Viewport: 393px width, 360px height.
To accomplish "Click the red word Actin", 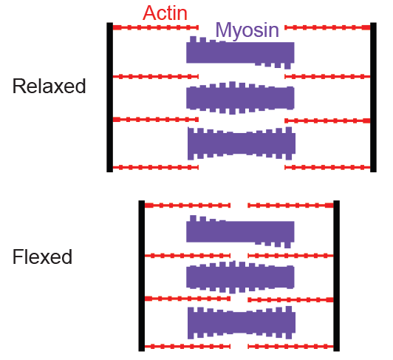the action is tap(165, 13).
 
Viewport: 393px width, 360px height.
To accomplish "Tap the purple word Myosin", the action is tap(247, 30).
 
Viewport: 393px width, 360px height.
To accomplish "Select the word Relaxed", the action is tap(49, 86).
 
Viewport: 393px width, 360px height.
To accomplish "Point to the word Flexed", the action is tap(42, 257).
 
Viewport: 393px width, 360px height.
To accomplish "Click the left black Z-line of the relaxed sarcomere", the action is tap(110, 98).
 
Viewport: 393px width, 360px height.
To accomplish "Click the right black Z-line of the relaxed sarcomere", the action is tap(373, 98).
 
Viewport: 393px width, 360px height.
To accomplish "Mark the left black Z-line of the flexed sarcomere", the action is tap(142, 276).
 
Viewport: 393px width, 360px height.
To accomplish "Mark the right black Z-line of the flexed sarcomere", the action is tap(337, 276).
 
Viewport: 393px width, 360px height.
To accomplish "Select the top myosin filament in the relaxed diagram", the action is tap(240, 52).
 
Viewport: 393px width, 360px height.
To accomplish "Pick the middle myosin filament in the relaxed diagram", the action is tap(240, 98).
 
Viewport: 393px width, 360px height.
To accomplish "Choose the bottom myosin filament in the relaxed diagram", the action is tap(242, 143).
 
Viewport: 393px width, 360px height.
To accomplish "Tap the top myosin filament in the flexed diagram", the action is tap(240, 231).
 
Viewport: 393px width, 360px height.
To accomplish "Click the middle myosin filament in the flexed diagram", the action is tap(240, 277).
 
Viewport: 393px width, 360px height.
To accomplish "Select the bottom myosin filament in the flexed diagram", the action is tap(242, 322).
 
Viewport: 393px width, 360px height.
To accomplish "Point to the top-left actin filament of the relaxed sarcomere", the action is tap(156, 27).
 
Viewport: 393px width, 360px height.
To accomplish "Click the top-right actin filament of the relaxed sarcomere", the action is tap(327, 27).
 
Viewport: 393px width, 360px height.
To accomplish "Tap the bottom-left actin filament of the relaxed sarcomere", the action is tap(156, 167).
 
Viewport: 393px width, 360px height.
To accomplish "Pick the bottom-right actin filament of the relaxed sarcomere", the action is tap(327, 167).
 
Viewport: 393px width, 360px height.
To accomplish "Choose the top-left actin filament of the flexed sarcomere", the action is tap(188, 206).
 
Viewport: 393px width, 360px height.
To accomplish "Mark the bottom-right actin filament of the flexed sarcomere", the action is tap(290, 347).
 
